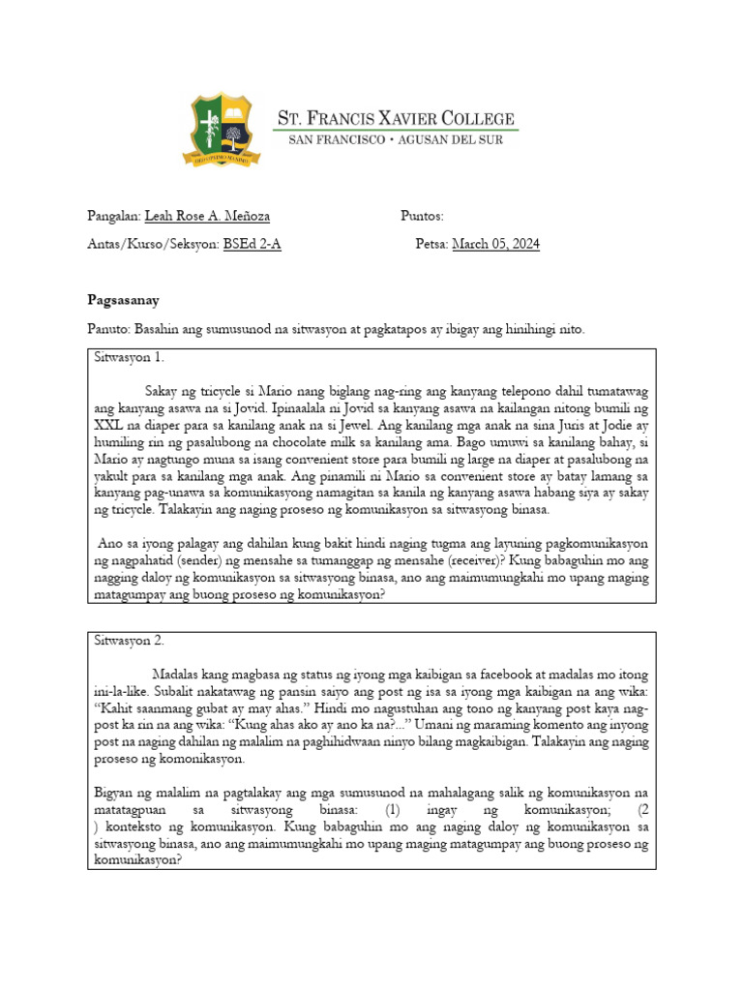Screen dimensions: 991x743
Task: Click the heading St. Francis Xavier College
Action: pos(397,118)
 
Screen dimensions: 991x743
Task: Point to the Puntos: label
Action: pos(422,216)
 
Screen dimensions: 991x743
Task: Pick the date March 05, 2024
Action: pos(495,244)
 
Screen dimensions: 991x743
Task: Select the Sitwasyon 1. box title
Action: pos(130,357)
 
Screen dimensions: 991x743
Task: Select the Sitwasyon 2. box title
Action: pos(130,640)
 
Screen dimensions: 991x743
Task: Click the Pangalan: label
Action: pos(113,216)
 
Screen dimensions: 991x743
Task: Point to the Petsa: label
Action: pos(431,244)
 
